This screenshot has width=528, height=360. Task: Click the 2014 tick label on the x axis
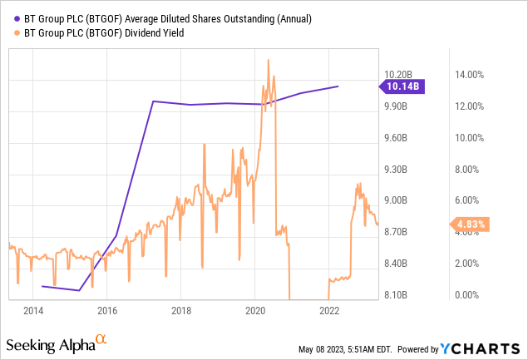coord(33,312)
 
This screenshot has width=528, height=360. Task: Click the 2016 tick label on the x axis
coord(107,312)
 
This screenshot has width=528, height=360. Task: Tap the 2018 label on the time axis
coord(181,312)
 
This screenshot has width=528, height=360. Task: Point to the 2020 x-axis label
coord(255,312)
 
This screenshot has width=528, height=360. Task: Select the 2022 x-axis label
coord(329,312)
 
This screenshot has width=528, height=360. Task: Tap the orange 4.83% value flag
coord(468,224)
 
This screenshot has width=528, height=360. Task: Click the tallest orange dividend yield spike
coord(268,60)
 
